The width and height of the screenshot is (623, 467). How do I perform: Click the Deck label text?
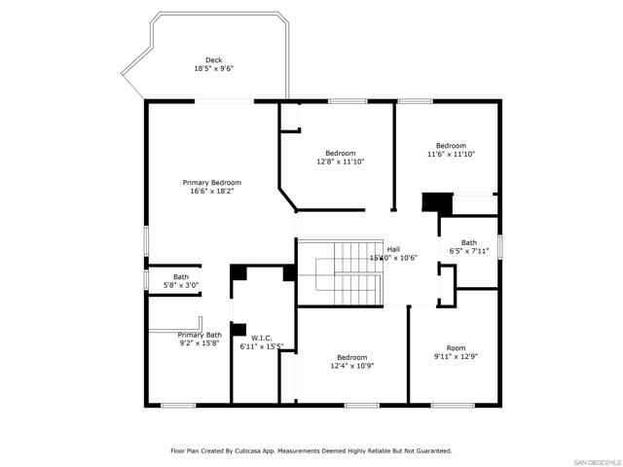213,60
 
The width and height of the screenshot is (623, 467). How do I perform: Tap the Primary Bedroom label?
212,182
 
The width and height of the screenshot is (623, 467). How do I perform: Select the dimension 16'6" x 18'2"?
212,192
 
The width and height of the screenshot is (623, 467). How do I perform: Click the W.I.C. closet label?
247,338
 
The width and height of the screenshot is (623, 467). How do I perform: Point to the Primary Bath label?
200,335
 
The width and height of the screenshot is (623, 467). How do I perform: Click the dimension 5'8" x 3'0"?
181,285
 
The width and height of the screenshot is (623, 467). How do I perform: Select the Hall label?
393,249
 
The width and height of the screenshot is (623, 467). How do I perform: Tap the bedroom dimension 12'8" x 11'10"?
341,162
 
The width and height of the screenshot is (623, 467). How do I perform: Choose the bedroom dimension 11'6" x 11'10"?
451,154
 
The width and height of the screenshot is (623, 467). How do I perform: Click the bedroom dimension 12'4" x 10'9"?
351,366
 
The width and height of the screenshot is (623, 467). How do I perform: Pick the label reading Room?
456,347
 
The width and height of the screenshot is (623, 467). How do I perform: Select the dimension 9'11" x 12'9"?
456,356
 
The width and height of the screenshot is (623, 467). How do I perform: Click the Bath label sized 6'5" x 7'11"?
469,242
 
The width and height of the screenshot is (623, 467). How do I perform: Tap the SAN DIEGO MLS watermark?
595,460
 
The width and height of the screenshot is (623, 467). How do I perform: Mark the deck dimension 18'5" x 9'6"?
213,69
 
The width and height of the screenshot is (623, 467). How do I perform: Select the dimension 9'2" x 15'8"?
200,343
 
